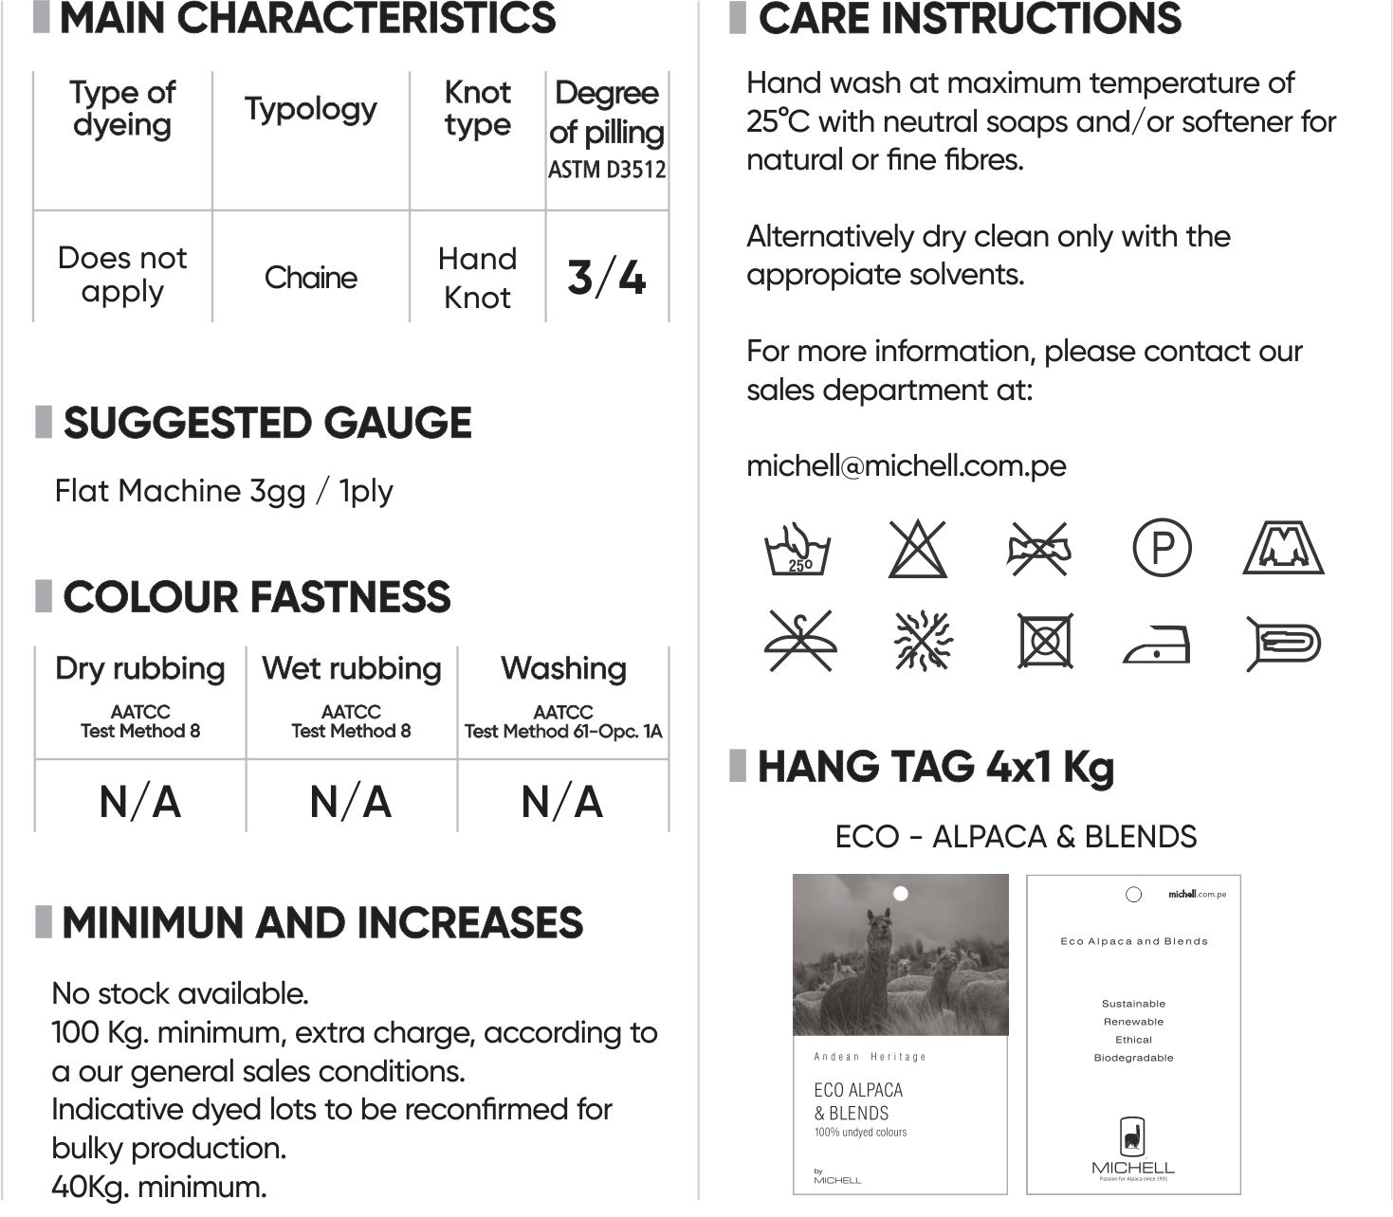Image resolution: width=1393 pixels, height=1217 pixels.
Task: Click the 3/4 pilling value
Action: [x=607, y=277]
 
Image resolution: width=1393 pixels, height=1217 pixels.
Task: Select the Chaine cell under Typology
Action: [x=311, y=278]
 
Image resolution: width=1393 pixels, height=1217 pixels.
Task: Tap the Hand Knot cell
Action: [x=477, y=278]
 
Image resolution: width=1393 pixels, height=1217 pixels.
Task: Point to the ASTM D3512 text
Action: [x=607, y=171]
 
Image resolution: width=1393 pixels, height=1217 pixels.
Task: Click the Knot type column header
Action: [x=477, y=108]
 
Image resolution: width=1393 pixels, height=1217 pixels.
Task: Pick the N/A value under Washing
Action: [x=562, y=802]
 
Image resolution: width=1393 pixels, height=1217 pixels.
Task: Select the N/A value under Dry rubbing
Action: [x=140, y=802]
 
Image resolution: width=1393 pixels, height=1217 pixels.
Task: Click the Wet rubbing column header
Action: [x=352, y=668]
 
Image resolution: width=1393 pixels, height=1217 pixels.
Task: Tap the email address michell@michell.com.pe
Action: [x=906, y=465]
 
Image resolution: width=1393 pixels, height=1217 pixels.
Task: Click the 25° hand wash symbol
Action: [x=797, y=549]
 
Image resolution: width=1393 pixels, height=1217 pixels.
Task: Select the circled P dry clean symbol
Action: [x=1162, y=548]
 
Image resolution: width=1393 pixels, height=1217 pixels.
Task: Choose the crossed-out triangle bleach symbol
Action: [x=918, y=549]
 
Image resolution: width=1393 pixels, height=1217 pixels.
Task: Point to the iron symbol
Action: [x=1157, y=645]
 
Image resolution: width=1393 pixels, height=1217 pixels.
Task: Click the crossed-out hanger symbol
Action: [x=798, y=641]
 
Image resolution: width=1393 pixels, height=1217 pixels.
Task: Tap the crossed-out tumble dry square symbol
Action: [x=1045, y=641]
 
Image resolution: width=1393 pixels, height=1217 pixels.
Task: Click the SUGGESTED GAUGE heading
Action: [x=266, y=423]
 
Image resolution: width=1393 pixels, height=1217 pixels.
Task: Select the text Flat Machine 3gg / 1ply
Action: [x=224, y=491]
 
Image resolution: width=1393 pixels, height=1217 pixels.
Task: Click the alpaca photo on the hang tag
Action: [x=900, y=955]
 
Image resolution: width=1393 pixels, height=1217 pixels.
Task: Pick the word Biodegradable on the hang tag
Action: [x=1133, y=1058]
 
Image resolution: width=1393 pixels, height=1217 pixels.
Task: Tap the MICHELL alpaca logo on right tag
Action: [x=1133, y=1135]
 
